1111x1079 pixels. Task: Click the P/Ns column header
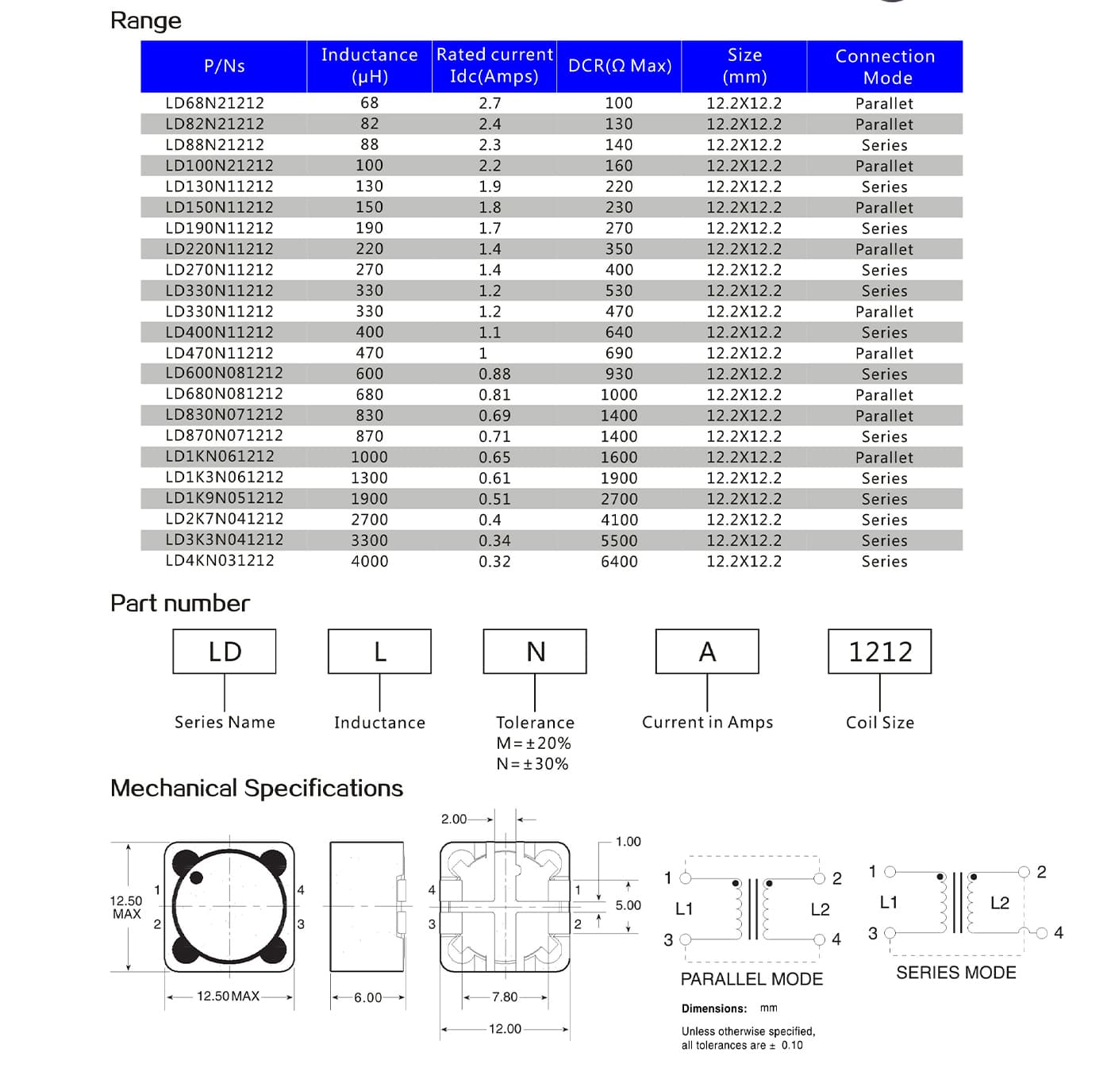coord(224,66)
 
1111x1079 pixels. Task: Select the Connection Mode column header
coord(885,67)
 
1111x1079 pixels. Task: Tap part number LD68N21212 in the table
coord(214,103)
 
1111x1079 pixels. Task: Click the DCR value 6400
coord(619,562)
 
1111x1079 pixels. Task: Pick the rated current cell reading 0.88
coord(494,374)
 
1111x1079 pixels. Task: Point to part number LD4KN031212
coord(220,560)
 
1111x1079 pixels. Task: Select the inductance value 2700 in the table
coord(370,520)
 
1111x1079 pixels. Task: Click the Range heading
coord(146,21)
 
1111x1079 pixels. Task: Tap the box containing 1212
coord(879,651)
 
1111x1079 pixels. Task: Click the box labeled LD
coord(225,651)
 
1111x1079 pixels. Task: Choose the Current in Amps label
coord(707,722)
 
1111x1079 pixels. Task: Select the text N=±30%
coord(532,764)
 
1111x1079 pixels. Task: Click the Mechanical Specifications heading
coord(256,788)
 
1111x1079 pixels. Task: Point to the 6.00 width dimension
coord(368,997)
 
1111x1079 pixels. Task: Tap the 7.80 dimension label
coord(505,997)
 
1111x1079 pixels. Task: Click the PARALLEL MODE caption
coord(752,979)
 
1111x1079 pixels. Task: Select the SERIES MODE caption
coord(955,973)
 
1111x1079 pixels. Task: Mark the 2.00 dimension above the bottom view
coord(454,819)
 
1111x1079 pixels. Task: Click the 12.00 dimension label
coord(505,1029)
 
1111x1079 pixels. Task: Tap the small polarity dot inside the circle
coord(197,877)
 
